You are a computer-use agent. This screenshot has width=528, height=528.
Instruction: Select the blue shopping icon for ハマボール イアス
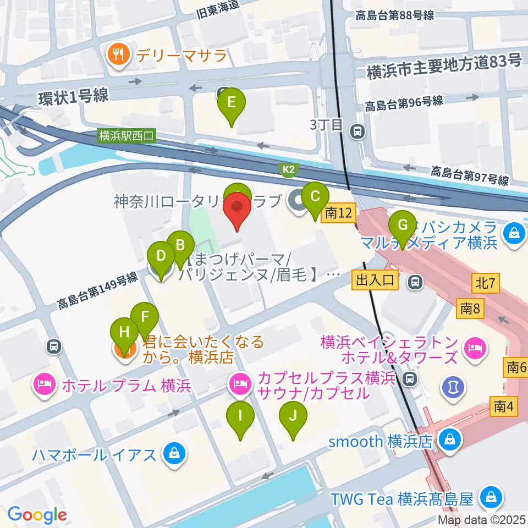[x=174, y=454]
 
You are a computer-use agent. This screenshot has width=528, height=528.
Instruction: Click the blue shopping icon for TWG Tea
[x=490, y=499]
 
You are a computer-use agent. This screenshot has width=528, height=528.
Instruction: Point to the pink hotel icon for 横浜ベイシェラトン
[x=472, y=346]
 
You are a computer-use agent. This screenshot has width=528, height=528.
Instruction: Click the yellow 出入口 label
[x=375, y=281]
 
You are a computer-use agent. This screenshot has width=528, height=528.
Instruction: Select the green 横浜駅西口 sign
[x=128, y=135]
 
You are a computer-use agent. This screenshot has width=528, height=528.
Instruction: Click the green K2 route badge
[x=289, y=170]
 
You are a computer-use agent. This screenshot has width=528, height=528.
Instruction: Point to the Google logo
[x=37, y=515]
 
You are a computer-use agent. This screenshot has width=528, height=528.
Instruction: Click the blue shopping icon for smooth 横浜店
[x=450, y=440]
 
